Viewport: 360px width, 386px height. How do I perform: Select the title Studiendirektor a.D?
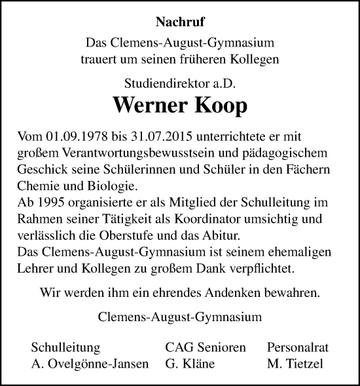point(180,83)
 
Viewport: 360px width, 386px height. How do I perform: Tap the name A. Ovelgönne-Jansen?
point(90,364)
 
